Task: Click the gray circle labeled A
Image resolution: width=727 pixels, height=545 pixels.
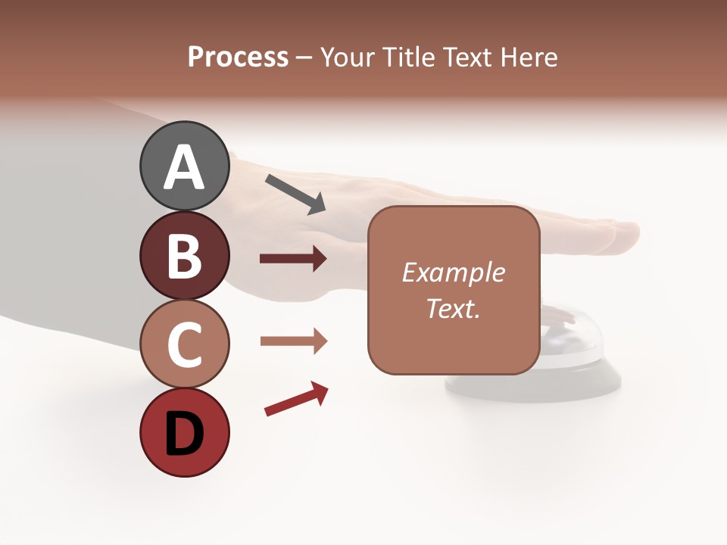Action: [184, 167]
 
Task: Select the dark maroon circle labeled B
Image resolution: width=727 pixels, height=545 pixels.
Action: [184, 255]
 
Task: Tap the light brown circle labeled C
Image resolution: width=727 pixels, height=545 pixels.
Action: [184, 344]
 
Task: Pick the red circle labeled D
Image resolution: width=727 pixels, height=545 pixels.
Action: [184, 432]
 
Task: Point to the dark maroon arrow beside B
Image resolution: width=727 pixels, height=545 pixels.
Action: [293, 259]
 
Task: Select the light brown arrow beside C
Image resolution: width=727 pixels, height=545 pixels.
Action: [293, 341]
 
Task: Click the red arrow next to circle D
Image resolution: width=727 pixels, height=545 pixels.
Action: [296, 399]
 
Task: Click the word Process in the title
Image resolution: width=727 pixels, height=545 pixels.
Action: [238, 57]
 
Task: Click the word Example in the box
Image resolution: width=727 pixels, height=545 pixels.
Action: [453, 272]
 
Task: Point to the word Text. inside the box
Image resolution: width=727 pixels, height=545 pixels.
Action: [453, 308]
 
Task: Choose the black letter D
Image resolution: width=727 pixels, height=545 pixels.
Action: [184, 434]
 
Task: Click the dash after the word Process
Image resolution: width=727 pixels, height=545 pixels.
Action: [304, 58]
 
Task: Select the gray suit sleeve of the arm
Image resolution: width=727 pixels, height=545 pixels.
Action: [61, 227]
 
